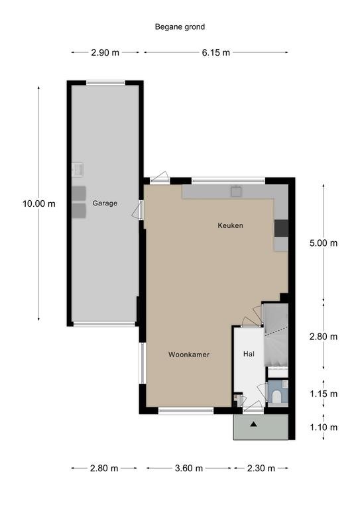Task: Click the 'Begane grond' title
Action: [x=180, y=27]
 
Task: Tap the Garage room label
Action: [x=105, y=203]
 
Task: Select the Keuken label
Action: [x=231, y=225]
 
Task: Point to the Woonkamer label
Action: [x=189, y=355]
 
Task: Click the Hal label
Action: [x=249, y=354]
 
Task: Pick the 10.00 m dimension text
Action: [x=39, y=204]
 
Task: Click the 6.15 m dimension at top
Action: [x=216, y=52]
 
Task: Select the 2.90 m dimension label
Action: [x=105, y=52]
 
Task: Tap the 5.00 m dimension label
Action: [x=324, y=243]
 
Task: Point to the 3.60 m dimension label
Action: [x=189, y=468]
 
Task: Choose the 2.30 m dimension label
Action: [x=261, y=468]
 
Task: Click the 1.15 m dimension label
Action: [x=324, y=394]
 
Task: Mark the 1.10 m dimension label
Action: [x=324, y=427]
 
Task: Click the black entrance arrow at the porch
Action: [x=253, y=424]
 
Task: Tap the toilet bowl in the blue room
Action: [x=276, y=397]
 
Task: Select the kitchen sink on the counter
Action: [x=236, y=191]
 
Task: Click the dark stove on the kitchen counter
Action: [x=281, y=228]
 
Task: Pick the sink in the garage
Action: [x=78, y=170]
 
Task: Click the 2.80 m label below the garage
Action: [x=104, y=468]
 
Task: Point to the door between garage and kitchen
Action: [x=139, y=209]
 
